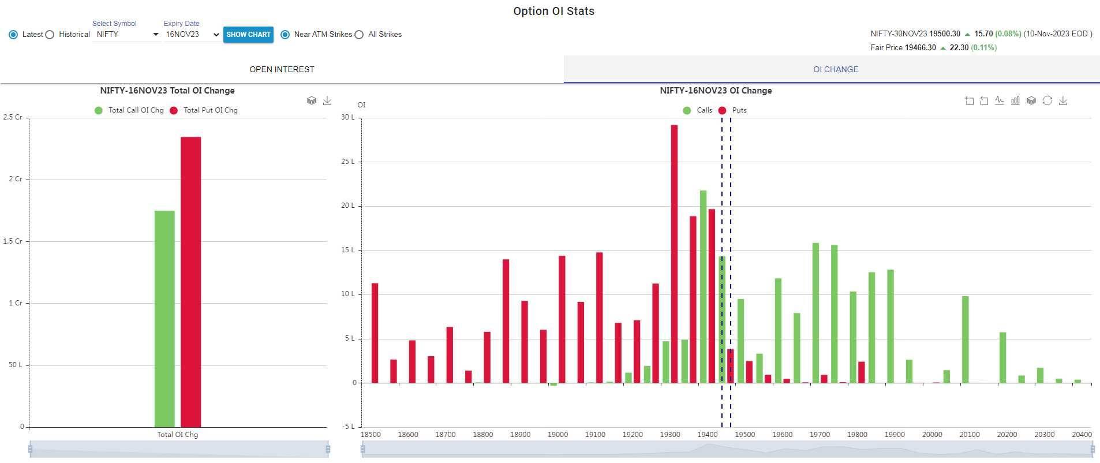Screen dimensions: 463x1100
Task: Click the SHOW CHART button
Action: [248, 35]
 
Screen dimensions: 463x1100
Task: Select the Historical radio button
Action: [50, 35]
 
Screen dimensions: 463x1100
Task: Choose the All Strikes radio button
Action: [360, 35]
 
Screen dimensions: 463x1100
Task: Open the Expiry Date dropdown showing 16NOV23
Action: [192, 35]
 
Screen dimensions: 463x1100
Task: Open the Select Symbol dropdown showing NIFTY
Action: [127, 35]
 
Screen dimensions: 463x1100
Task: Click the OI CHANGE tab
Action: [835, 69]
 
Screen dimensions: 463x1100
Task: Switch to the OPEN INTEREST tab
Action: [282, 69]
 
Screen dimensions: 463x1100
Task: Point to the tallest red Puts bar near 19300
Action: [674, 254]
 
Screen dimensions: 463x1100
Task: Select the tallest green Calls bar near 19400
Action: [703, 286]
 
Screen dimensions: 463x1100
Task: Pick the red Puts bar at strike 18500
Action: [375, 333]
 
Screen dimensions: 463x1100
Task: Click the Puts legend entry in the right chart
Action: [734, 110]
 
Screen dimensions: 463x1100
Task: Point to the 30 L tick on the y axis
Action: [348, 117]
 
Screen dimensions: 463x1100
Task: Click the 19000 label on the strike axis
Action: [558, 434]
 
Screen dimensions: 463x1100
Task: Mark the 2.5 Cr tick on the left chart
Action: [13, 117]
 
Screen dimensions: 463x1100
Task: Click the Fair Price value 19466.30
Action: [920, 48]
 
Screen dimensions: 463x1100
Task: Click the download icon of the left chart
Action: [327, 101]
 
